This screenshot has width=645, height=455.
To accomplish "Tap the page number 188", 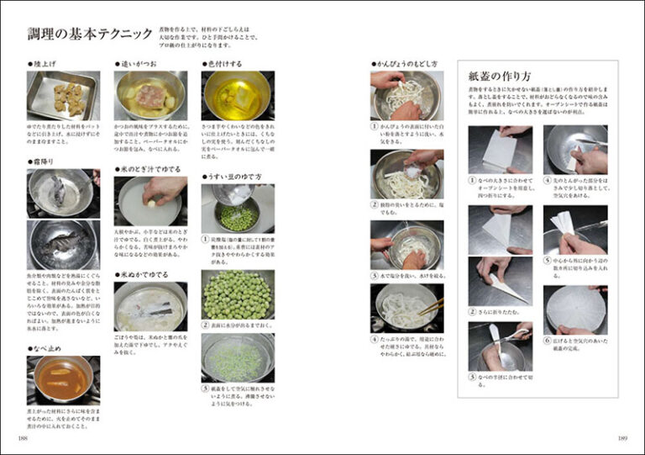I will coord(23,438).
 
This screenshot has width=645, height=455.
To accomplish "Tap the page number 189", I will coord(622,438).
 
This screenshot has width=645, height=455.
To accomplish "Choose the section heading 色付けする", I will coord(223,63).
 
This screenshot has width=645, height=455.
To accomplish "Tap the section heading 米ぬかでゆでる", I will coord(145,274).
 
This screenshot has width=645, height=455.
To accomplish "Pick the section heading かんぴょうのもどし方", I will coord(409,63).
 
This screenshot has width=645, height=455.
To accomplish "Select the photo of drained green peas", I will coord(238,294).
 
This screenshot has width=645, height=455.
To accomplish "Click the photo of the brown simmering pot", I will coord(63,379).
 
